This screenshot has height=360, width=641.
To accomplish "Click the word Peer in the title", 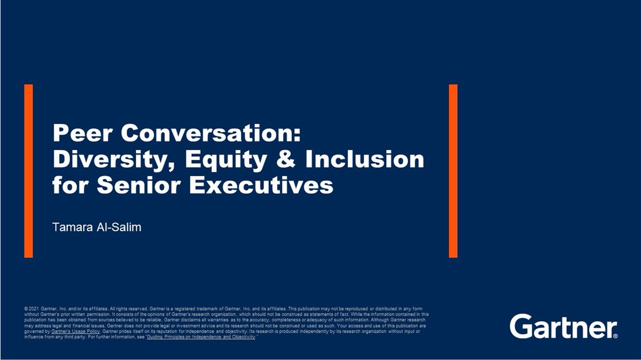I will tap(82, 132).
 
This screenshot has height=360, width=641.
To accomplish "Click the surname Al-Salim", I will tap(120, 227).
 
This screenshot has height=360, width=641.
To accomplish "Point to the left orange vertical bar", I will tap(28, 170).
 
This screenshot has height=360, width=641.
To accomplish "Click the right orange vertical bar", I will tap(453, 170).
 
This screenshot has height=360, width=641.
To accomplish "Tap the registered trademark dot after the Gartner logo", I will tap(615, 335).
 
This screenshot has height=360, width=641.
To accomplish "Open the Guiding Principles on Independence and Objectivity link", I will tap(201, 338).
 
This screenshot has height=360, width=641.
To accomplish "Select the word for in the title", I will tap(68, 186).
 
